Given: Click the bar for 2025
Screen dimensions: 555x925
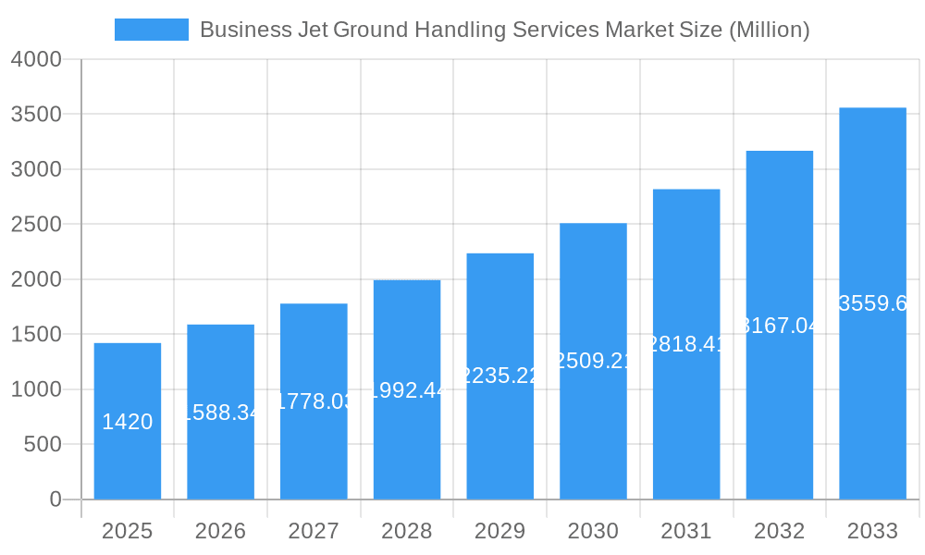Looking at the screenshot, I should (128, 421).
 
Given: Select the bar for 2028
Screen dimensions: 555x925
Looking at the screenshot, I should (407, 389).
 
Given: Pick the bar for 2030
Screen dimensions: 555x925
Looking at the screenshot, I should (593, 361).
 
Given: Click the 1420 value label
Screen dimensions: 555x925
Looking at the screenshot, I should (128, 422).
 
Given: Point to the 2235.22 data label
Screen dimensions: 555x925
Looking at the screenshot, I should (500, 375).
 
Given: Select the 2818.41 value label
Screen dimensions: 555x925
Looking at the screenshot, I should (686, 344).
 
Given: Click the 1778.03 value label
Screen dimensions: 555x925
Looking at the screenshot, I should (314, 401).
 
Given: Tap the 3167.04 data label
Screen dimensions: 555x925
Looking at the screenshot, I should (780, 325).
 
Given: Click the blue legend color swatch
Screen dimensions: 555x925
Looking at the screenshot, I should (151, 30).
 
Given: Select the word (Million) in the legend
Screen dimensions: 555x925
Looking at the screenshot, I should (769, 30).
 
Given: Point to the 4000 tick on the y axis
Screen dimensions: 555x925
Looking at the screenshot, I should (36, 59).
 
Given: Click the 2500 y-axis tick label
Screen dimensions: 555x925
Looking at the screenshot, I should (36, 225).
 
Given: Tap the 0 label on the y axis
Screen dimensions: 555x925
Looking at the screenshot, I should (55, 499).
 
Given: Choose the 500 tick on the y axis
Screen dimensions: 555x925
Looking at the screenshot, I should (43, 445).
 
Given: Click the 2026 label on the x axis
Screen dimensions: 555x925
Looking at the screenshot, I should (220, 531).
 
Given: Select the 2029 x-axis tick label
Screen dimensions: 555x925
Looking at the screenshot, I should (500, 531).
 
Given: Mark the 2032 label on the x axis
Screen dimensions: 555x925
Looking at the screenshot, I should (780, 531).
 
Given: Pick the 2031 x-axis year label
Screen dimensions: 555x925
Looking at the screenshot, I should (686, 531).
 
